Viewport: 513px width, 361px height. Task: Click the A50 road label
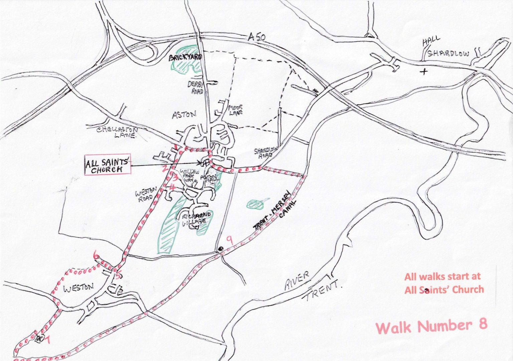pyautogui.click(x=257, y=37)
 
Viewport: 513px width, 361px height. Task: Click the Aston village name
pyautogui.click(x=184, y=115)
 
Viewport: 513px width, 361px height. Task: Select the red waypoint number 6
pyautogui.click(x=97, y=256)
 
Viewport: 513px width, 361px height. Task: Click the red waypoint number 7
pyautogui.click(x=48, y=340)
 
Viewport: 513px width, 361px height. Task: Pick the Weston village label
pyautogui.click(x=78, y=287)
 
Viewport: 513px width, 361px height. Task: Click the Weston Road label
pyautogui.click(x=146, y=194)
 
